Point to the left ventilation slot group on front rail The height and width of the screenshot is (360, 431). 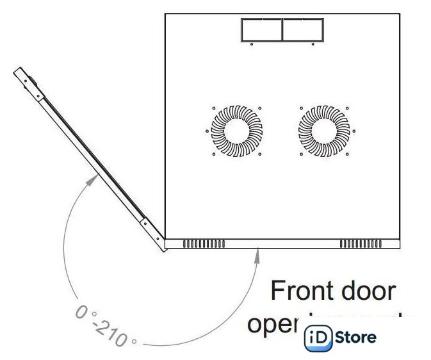click(204, 244)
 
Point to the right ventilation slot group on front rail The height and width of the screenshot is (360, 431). click(361, 244)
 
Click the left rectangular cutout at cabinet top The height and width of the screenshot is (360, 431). click(261, 31)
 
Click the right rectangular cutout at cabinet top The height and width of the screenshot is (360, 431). click(302, 31)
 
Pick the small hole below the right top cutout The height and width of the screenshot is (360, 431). click(312, 45)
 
